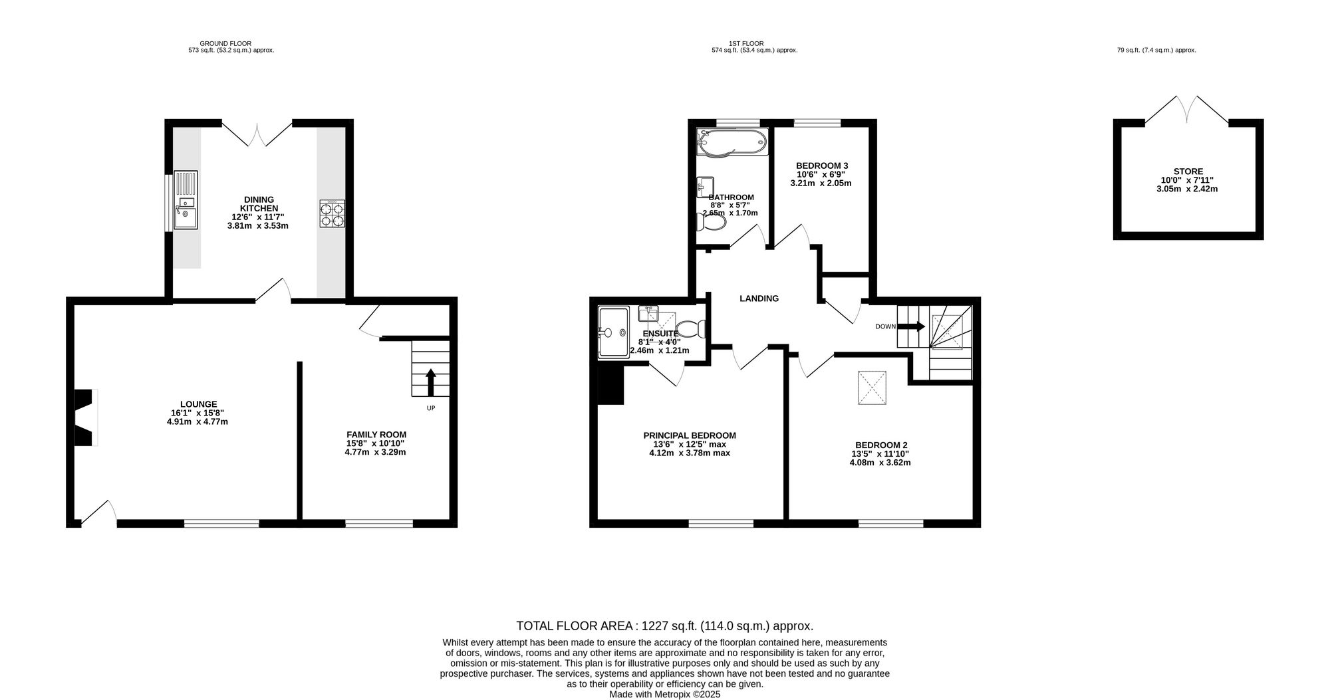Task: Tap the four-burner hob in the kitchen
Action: [x=332, y=214]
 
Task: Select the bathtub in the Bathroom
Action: [x=731, y=142]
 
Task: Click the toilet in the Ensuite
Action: [x=691, y=328]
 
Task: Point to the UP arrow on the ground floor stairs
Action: [x=431, y=382]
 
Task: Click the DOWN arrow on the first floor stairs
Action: [x=910, y=326]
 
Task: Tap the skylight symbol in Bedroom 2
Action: [x=872, y=387]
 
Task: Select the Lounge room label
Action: [x=198, y=404]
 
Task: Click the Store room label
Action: [x=1188, y=172]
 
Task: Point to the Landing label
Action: [x=759, y=299]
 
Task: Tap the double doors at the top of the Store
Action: [x=1188, y=110]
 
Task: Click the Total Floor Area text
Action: [x=664, y=626]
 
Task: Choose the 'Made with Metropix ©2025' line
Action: [x=664, y=694]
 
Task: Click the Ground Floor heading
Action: [x=225, y=43]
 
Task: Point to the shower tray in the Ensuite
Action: [x=612, y=332]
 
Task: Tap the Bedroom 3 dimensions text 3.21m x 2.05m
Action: [x=821, y=183]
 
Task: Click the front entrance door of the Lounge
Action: [x=98, y=513]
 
